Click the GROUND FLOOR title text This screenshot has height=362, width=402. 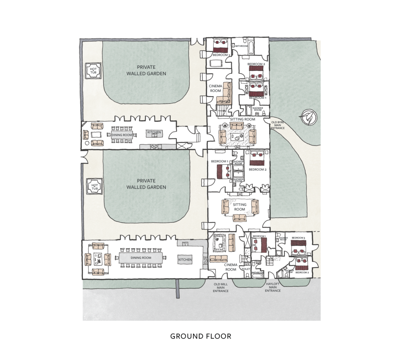(201, 336)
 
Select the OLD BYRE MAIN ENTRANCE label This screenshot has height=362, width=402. (277, 125)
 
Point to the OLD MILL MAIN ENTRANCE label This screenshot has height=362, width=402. (221, 288)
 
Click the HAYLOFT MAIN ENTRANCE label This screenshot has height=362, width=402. (272, 287)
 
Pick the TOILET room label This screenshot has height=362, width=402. (246, 269)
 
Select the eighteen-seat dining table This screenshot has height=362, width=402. (141, 258)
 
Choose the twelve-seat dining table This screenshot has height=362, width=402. (122, 135)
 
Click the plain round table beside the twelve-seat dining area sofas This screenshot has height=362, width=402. (87, 143)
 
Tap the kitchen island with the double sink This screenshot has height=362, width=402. (154, 134)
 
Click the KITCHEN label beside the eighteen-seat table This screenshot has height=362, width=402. (185, 260)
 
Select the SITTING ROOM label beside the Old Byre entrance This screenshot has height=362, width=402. (242, 119)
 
